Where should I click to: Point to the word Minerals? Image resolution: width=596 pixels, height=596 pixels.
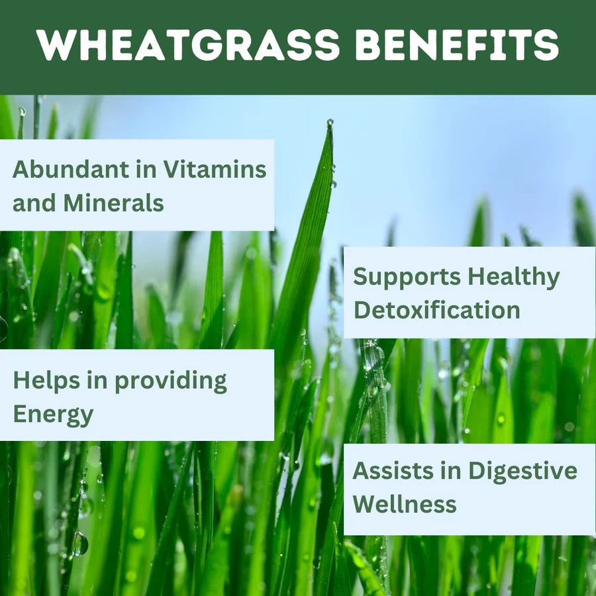(x=114, y=203)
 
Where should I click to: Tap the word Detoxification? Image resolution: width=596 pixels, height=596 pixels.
(x=436, y=310)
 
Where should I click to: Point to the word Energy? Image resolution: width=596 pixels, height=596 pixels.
(x=53, y=415)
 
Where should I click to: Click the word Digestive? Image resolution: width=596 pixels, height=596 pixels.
(x=522, y=472)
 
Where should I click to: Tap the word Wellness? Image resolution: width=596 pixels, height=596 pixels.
(x=405, y=504)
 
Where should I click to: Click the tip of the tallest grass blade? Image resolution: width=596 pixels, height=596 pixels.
(x=330, y=123)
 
